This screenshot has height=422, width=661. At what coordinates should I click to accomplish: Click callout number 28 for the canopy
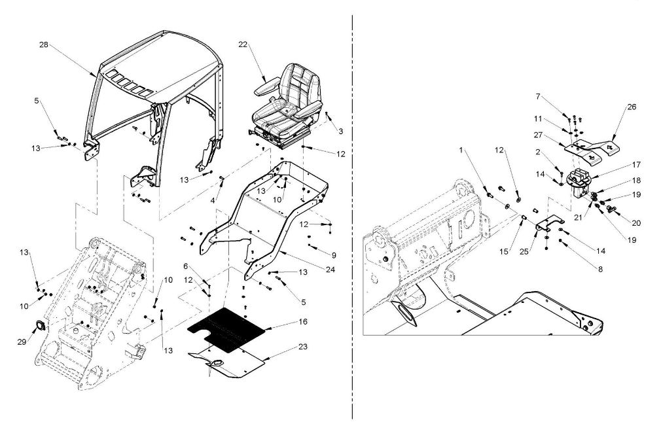[44, 44]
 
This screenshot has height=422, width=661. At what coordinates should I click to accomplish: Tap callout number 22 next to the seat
[243, 44]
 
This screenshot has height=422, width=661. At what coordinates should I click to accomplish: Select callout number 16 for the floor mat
[302, 322]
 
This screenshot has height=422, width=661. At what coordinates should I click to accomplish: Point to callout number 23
[302, 347]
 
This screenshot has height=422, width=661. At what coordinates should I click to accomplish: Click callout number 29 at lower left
[22, 342]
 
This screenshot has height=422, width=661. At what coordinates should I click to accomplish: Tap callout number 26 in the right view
[632, 107]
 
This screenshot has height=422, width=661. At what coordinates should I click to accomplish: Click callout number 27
[538, 135]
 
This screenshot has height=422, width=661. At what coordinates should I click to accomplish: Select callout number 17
[636, 164]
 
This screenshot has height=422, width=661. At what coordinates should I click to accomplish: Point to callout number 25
[524, 252]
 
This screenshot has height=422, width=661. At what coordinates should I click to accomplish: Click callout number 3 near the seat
[340, 131]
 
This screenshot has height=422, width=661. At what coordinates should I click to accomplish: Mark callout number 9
[334, 255]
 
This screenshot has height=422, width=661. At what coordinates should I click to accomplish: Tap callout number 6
[185, 266]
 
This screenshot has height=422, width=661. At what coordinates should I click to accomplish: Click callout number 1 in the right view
[461, 150]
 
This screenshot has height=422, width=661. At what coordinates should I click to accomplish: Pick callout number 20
[636, 223]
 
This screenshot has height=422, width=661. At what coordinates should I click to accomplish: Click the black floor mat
[226, 330]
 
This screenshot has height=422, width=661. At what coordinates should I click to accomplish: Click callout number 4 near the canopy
[213, 201]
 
